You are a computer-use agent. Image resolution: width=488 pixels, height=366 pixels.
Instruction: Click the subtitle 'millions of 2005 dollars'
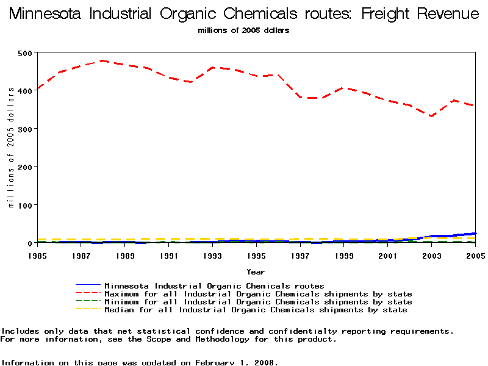[x=243, y=30]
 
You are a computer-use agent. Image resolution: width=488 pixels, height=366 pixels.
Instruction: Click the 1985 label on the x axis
[x=38, y=256]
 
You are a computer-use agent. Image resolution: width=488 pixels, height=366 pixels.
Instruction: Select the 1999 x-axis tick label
[x=343, y=256]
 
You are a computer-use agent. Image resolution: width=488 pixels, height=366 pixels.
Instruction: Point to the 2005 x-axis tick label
[x=475, y=256]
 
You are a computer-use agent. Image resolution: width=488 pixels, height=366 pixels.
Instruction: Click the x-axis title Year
[x=256, y=271]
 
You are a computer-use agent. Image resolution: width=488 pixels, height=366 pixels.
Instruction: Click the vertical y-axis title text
[x=10, y=148]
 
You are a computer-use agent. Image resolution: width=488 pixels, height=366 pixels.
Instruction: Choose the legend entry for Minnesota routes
[x=214, y=285]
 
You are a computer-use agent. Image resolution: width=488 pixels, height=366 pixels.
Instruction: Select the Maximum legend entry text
[x=258, y=294]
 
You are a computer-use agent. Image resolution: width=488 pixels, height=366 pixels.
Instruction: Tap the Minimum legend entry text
[x=258, y=302]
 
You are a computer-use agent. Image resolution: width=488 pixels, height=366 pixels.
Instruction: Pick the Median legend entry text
[x=256, y=310]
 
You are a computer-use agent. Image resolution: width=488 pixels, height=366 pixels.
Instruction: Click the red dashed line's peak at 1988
[x=102, y=60]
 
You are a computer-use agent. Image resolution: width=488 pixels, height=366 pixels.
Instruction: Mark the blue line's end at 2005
[x=475, y=233]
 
